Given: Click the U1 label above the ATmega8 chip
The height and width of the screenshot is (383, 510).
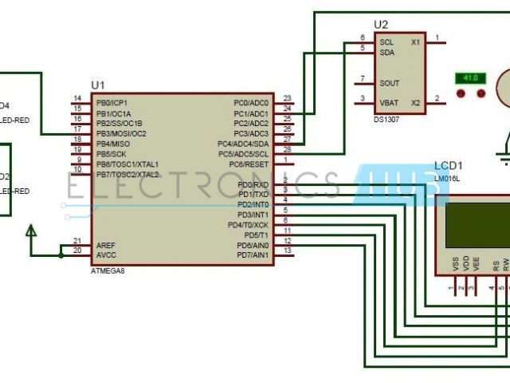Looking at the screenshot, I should [x=99, y=85].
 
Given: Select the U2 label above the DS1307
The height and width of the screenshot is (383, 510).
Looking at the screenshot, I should [x=381, y=26].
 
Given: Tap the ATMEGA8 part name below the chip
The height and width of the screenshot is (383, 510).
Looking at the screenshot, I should [x=108, y=271].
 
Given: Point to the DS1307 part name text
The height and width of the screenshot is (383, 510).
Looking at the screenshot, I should [x=386, y=119].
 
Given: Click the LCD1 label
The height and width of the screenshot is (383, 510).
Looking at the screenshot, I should [x=449, y=165].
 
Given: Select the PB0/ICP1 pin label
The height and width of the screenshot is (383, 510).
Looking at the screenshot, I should [x=112, y=103].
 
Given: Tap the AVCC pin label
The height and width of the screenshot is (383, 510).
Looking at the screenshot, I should [x=106, y=255].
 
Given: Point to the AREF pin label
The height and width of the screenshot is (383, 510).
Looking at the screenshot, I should [x=106, y=245].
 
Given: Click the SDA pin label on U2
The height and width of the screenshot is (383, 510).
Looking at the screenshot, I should [x=386, y=52].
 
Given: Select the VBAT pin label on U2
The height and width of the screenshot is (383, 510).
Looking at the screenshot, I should [x=389, y=102].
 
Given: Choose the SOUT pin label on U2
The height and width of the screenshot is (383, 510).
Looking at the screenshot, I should [x=389, y=82].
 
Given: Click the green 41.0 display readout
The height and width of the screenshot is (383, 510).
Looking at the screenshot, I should [x=470, y=78].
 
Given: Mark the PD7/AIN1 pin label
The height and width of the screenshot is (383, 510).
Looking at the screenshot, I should [x=253, y=255].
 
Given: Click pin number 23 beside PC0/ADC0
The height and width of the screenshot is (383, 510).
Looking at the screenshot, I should [x=287, y=99].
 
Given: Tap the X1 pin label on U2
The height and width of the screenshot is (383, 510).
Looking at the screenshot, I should [x=415, y=41].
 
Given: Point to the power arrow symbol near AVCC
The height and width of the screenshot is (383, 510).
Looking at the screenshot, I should [x=31, y=232].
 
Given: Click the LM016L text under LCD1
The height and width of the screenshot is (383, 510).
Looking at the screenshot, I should [x=448, y=180].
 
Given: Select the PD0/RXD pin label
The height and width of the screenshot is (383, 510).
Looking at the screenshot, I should [x=253, y=185].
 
